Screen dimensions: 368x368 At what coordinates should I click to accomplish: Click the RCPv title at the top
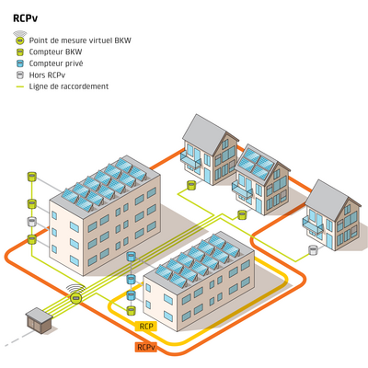click(x=25, y=18)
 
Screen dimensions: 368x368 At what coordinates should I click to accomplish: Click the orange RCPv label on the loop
click(x=146, y=347)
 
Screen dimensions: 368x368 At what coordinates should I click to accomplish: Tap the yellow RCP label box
click(x=146, y=326)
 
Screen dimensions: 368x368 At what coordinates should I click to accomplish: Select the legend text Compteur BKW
click(x=55, y=52)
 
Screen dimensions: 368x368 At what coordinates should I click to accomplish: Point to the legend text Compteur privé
click(x=56, y=63)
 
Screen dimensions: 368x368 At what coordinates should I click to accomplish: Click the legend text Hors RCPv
click(x=47, y=75)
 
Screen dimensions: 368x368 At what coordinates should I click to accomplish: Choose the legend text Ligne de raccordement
click(x=69, y=86)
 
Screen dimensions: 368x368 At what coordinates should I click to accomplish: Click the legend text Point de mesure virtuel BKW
click(x=80, y=40)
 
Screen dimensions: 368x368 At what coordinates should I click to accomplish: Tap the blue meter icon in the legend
click(x=20, y=63)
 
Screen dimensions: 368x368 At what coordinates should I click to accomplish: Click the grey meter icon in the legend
click(x=20, y=75)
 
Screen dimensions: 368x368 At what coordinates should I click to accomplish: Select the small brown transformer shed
click(x=39, y=320)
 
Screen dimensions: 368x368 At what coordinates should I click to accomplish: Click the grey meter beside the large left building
click(x=32, y=222)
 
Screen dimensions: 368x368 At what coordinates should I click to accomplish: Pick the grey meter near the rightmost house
click(x=313, y=250)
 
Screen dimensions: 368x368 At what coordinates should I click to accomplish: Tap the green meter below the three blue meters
click(x=132, y=310)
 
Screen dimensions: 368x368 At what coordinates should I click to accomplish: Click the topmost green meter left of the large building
click(x=32, y=177)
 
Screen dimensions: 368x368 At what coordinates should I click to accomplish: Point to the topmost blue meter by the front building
click(x=131, y=257)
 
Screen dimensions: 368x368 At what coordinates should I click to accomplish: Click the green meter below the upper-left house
click(x=191, y=185)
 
